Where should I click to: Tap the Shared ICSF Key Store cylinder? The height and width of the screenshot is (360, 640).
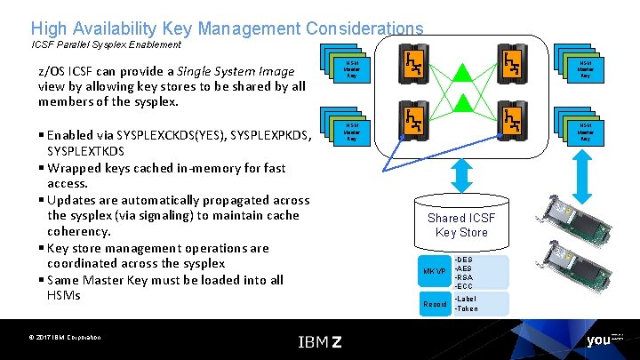pos(461,223)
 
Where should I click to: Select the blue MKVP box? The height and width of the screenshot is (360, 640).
pos(435,270)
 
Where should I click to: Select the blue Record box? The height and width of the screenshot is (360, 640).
pos(435,304)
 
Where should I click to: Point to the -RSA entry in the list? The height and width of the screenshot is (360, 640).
pos(463,276)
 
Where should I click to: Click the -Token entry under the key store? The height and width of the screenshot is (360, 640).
pos(467,309)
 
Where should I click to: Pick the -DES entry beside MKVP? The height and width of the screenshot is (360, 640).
pos(463,260)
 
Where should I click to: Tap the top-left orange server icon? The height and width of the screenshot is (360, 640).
pos(414,63)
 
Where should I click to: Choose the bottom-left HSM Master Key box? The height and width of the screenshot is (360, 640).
pos(352,132)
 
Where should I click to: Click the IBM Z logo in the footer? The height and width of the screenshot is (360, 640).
pos(320,341)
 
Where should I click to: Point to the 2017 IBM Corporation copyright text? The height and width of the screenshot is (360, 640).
pos(63,337)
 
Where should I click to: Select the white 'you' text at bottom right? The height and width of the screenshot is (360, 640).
pos(598,340)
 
